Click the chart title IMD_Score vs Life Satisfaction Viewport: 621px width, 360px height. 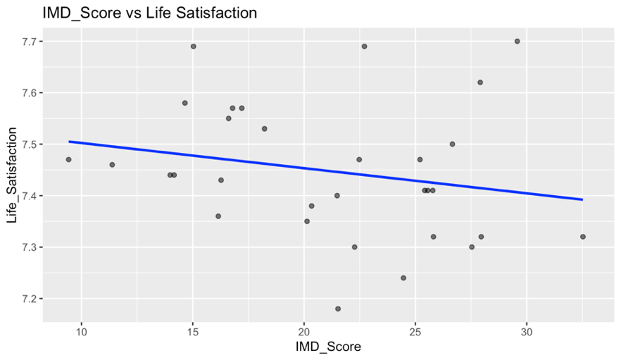[139, 12]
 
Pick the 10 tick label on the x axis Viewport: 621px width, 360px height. [81, 333]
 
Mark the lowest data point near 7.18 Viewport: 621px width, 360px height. [338, 309]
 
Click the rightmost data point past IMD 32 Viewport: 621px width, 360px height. [583, 237]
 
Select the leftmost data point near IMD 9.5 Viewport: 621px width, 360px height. [68, 159]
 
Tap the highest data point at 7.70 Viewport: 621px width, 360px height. [517, 41]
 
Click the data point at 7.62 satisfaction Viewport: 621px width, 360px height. [480, 82]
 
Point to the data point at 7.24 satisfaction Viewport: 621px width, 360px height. [403, 278]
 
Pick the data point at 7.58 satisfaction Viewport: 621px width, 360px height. [184, 103]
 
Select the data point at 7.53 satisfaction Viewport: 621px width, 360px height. [264, 129]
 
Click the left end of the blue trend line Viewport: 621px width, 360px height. [69, 142]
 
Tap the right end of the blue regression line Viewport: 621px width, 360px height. [582, 199]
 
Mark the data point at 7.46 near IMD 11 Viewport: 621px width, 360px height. [112, 165]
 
